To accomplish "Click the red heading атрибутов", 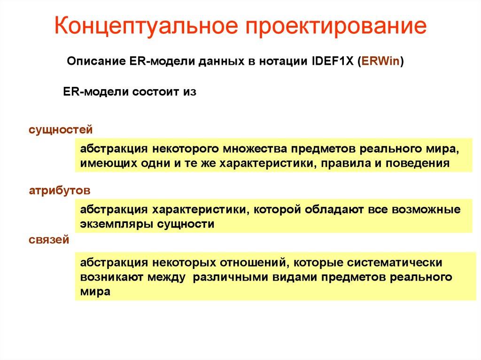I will tap(59, 191).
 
